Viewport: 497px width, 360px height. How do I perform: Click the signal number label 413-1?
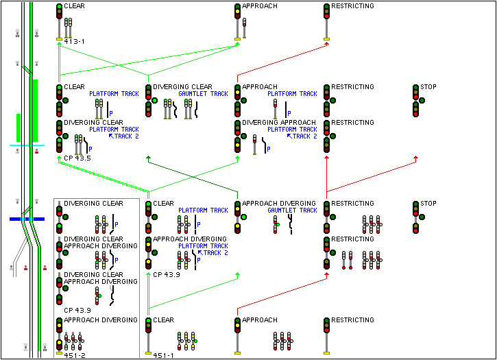[74, 42]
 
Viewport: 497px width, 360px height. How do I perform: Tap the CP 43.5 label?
[77, 158]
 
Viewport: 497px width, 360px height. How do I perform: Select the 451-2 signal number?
[74, 355]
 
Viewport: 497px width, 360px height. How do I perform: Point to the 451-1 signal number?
[163, 355]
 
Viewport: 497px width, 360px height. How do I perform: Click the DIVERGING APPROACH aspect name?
[273, 123]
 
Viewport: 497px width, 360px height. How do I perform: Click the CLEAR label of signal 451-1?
[163, 320]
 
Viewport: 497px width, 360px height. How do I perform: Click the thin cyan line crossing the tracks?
[27, 145]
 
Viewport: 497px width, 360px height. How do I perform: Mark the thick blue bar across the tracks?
[27, 219]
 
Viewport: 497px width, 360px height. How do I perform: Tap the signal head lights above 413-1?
[59, 11]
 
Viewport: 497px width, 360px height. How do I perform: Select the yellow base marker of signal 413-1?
[59, 40]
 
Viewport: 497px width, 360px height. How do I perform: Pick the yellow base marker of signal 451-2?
[59, 354]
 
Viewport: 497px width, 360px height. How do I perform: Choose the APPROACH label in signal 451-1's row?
[259, 320]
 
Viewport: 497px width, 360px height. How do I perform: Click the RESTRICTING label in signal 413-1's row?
[352, 6]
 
